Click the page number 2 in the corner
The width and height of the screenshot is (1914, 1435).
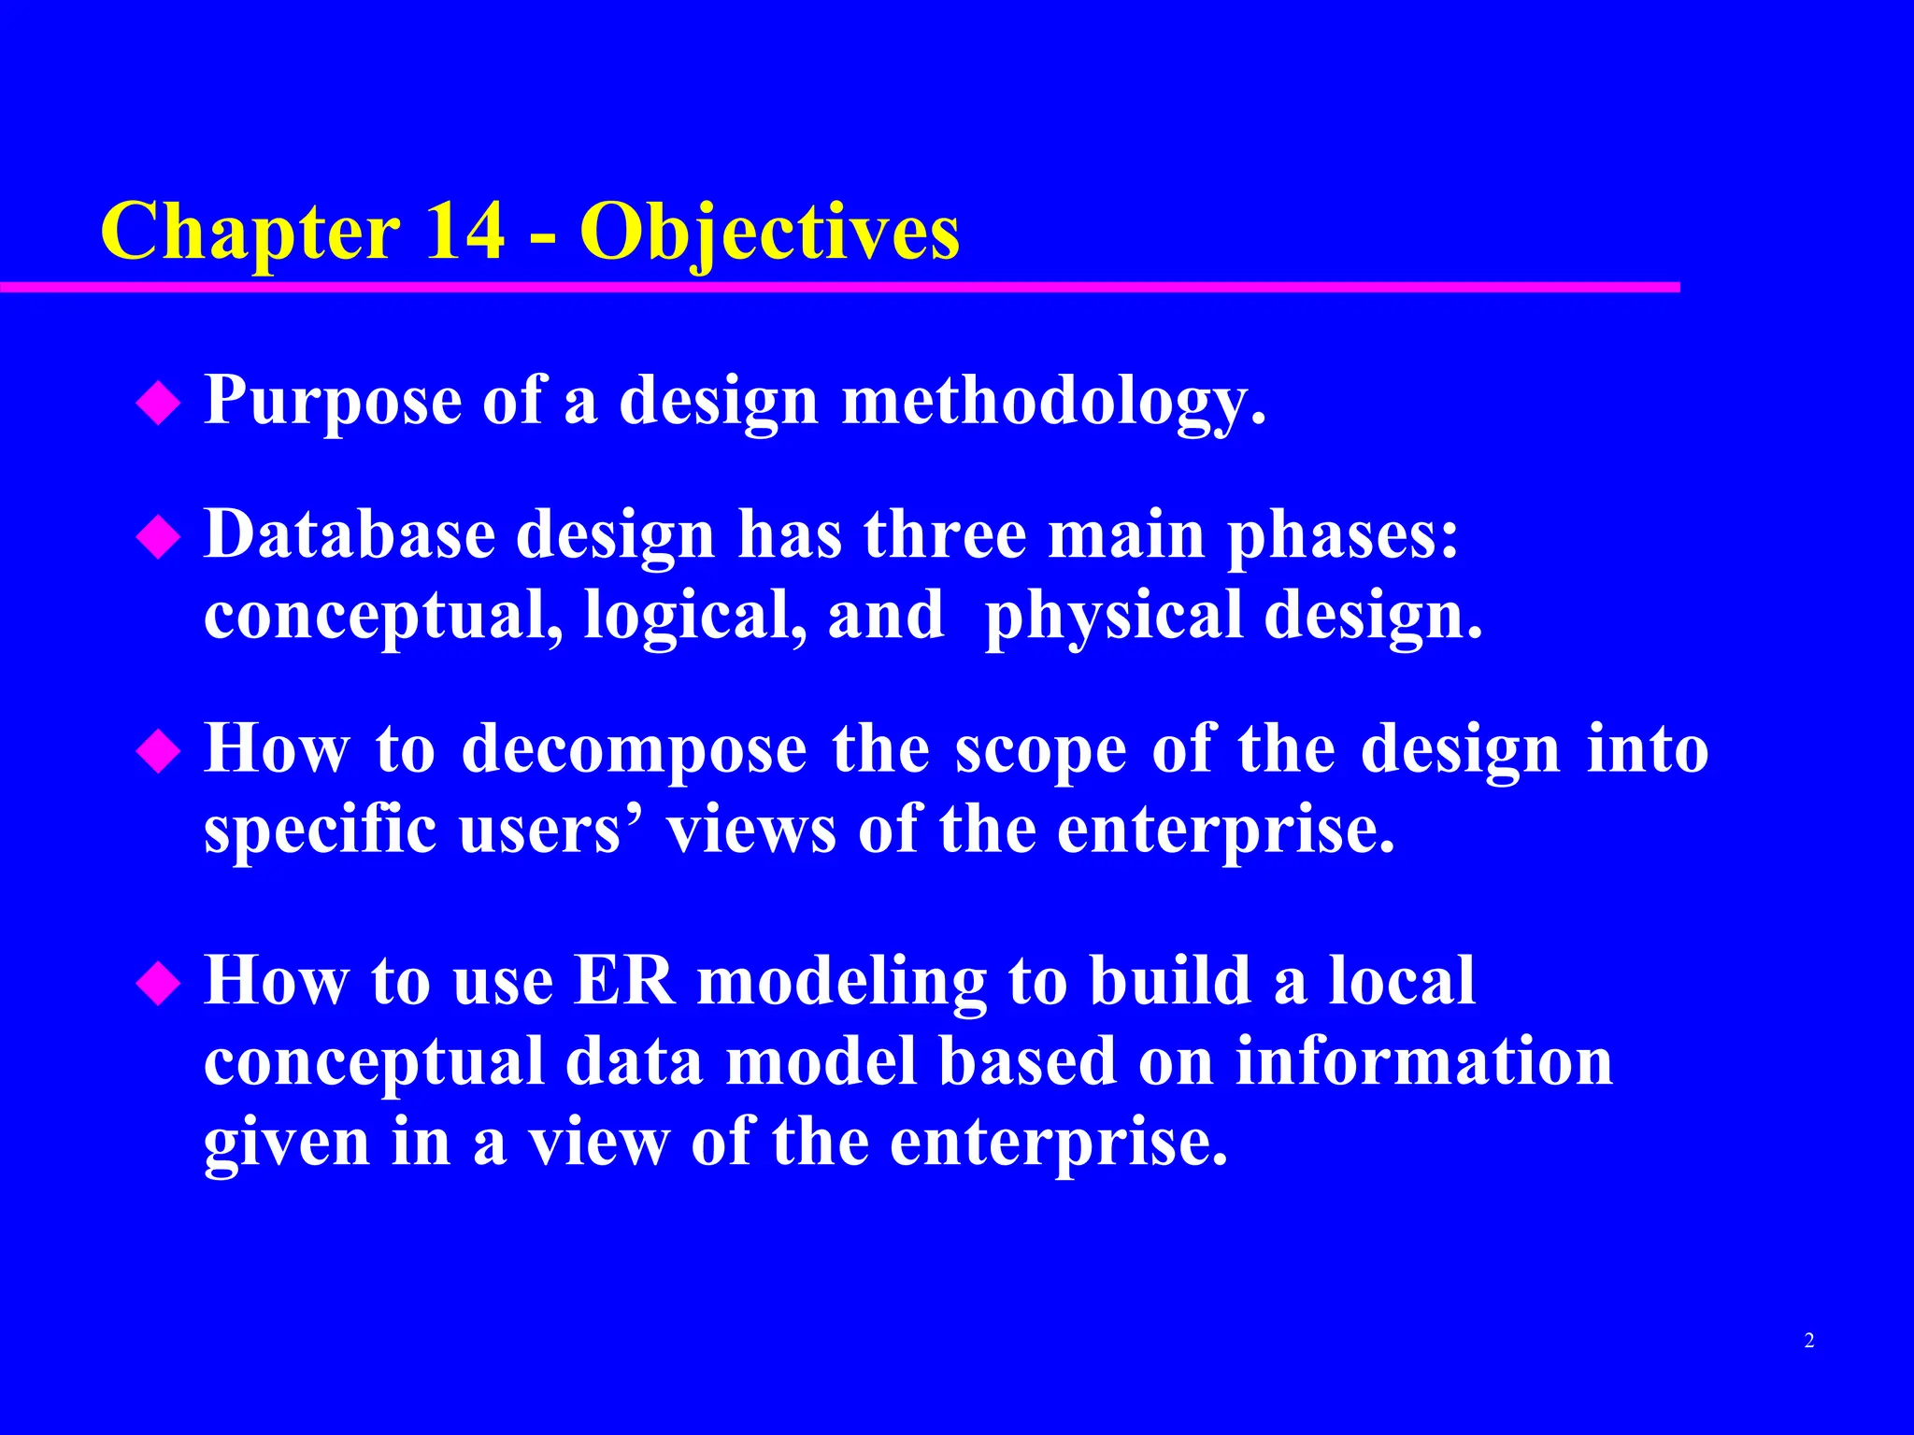click(x=1809, y=1341)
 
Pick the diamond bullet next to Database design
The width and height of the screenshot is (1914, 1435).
click(x=158, y=538)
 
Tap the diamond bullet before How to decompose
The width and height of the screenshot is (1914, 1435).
click(x=158, y=752)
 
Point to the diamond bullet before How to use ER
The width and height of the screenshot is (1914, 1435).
click(x=158, y=984)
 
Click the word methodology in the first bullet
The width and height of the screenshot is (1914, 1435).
click(x=1053, y=402)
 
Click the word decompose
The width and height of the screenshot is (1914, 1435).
click(x=634, y=751)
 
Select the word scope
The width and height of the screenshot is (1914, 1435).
click(x=1040, y=753)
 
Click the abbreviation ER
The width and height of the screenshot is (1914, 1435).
click(x=624, y=981)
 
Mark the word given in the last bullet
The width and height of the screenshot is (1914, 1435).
click(x=286, y=1144)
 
